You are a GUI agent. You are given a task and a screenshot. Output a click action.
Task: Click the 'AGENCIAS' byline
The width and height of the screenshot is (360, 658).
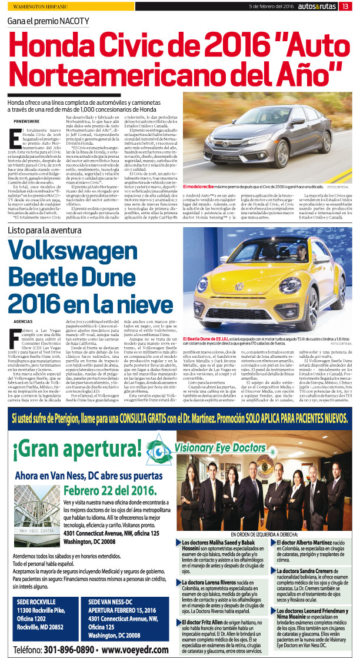22,321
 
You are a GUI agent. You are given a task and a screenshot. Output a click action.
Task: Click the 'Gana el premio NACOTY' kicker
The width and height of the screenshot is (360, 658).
48,21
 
